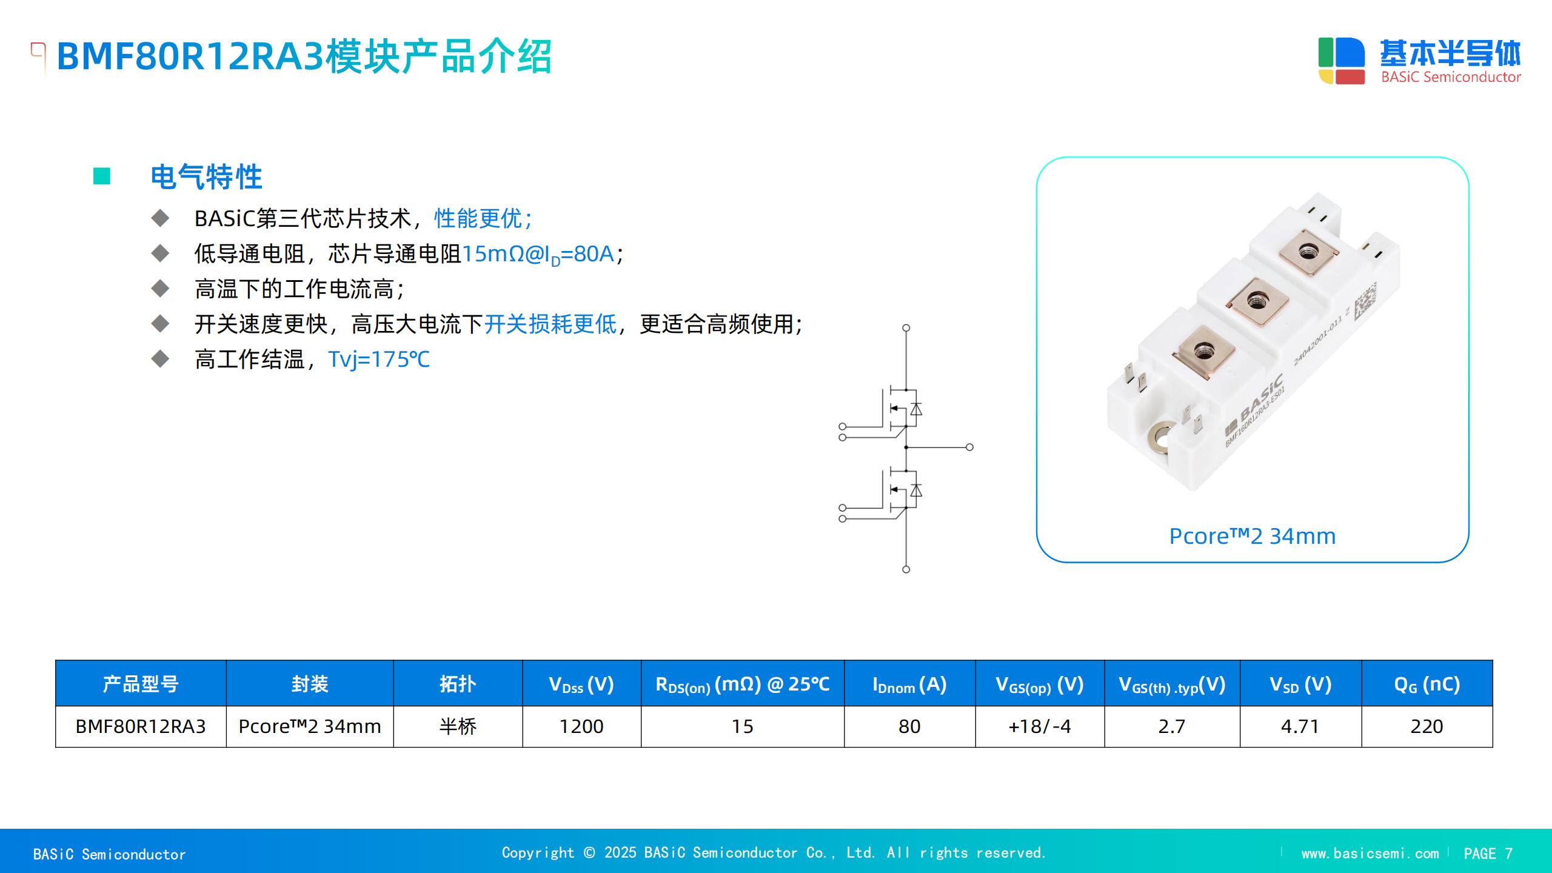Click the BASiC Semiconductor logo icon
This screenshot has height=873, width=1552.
pos(1341,61)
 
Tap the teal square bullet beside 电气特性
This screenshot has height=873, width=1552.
pos(102,176)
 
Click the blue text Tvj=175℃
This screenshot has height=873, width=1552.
pos(379,360)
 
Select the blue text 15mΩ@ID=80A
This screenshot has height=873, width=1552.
pos(538,254)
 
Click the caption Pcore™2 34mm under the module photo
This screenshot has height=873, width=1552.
pos(1252,536)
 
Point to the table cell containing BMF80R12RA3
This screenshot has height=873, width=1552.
pos(141,726)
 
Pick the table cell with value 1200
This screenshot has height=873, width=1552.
pos(581,726)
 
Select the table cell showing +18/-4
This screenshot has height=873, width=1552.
pos(1040,726)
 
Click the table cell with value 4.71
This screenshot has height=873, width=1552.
pos(1300,726)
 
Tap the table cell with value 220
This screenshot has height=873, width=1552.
pos(1427,726)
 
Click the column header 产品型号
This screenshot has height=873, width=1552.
pos(141,684)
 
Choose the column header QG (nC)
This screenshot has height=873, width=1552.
pos(1427,684)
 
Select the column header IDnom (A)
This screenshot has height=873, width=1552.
pos(909,684)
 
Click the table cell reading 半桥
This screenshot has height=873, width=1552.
pos(458,726)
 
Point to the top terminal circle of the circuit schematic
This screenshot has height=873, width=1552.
pos(906,328)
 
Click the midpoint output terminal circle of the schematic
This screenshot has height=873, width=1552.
pos(969,447)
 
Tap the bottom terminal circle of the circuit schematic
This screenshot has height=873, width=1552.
pos(906,569)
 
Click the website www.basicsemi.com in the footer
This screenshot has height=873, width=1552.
pos(1370,854)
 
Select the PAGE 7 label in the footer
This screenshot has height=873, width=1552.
pos(1488,854)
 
